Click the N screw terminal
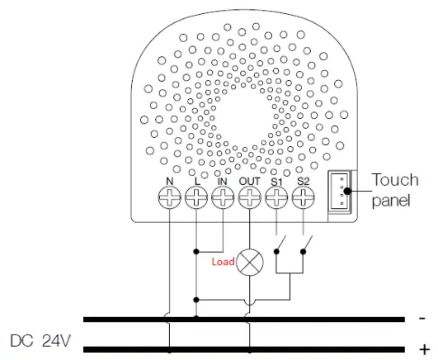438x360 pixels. click(169, 197)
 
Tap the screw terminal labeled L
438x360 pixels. click(196, 197)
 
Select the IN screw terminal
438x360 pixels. click(223, 197)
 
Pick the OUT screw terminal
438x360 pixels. click(250, 197)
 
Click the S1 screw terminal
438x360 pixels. click(277, 197)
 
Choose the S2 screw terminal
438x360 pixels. click(304, 197)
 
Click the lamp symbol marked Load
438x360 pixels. click(250, 261)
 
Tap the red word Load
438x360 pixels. click(224, 262)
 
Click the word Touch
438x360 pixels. click(395, 180)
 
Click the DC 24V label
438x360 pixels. click(40, 339)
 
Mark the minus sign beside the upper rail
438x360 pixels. click(422, 317)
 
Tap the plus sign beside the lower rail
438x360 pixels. click(424, 348)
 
